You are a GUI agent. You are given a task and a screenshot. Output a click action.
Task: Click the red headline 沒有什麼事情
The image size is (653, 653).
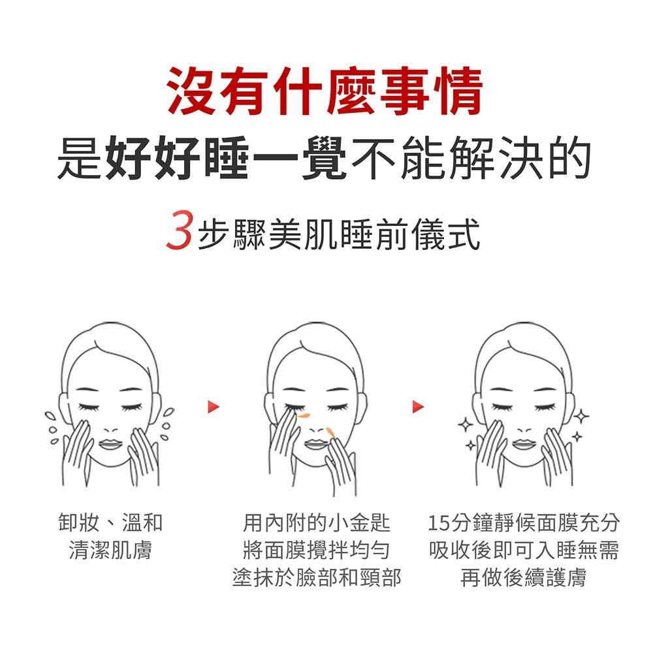325,91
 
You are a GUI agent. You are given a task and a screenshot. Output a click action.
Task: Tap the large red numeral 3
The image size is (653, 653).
180,231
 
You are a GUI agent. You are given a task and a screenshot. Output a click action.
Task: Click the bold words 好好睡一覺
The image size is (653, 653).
226,157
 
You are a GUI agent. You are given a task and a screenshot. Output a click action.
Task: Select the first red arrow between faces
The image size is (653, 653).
214,406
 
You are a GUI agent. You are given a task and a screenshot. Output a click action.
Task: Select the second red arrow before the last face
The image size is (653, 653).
418,406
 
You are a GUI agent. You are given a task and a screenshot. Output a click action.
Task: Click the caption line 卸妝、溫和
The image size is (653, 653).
110,522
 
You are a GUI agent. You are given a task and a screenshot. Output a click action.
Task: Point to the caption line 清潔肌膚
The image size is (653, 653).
110,550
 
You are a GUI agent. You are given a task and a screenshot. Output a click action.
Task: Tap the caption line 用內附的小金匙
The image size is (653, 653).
316,522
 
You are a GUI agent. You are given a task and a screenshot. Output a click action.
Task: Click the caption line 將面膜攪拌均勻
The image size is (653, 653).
316,550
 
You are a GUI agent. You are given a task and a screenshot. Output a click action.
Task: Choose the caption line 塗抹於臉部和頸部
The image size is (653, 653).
317,578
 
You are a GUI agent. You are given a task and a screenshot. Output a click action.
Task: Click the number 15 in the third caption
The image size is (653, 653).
439,523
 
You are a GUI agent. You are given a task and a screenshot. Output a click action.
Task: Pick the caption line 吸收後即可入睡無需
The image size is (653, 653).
524,550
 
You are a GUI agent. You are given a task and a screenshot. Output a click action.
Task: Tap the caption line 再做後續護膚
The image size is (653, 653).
524,578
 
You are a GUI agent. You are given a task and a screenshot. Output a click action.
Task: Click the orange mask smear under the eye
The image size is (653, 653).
303,415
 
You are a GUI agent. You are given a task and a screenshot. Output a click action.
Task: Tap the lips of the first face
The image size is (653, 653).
110,444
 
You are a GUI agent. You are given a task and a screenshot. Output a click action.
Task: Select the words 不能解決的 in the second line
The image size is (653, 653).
471,157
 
